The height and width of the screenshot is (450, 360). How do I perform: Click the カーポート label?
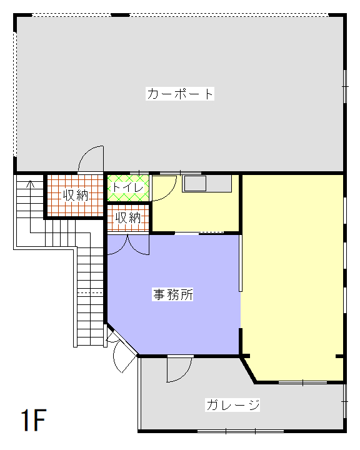[181, 94]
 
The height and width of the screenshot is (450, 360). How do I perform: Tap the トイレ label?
[127, 187]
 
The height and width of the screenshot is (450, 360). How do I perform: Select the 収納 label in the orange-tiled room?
[76, 195]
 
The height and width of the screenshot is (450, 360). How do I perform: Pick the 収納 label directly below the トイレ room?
[128, 218]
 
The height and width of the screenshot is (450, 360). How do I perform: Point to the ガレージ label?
[232, 405]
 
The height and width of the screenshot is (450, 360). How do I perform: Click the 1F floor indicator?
[32, 421]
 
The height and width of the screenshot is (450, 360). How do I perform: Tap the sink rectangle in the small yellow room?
[194, 184]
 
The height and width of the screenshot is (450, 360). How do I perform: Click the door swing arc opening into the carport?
[91, 159]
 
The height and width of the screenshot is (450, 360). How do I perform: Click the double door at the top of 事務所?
[128, 245]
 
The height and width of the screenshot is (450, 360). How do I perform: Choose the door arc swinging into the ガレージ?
[178, 370]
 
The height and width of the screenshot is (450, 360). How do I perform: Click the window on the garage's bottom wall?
[241, 431]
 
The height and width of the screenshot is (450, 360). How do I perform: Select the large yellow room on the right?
[292, 275]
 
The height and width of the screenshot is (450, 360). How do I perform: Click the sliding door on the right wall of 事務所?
[240, 263]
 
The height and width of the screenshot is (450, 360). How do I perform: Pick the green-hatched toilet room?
[127, 188]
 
